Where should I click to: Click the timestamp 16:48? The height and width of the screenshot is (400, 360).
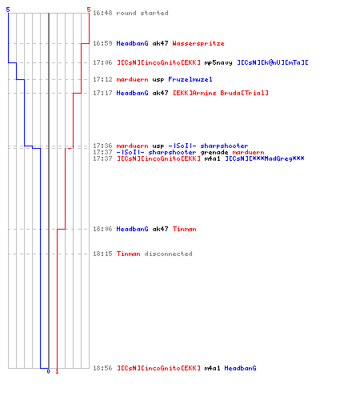[102, 13]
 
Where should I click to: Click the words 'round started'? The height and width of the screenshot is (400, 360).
[142, 13]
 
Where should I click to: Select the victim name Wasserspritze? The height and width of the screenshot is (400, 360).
[198, 43]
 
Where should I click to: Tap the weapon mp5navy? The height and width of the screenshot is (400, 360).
[218, 62]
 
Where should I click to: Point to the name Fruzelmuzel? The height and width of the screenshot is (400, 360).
[190, 79]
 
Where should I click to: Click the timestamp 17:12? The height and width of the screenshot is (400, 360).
[102, 79]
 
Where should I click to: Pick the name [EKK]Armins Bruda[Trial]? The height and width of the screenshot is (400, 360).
[221, 93]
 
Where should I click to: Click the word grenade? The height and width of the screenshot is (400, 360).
[214, 153]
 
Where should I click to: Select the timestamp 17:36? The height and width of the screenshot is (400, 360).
[102, 146]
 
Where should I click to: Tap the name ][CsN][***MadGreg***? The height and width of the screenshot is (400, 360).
[265, 158]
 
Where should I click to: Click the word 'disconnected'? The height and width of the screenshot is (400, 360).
[168, 254]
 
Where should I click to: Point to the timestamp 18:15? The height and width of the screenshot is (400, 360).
[102, 254]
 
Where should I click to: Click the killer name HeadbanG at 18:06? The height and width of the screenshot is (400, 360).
[132, 229]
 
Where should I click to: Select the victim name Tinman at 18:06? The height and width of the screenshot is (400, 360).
[184, 229]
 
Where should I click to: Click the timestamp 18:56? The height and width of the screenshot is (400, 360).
[102, 368]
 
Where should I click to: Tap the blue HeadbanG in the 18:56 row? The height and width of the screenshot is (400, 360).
[240, 368]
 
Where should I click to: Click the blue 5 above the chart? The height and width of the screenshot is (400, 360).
[8, 10]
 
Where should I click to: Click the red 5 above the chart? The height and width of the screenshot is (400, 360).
[89, 10]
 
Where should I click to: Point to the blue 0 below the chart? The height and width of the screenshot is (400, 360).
[48, 371]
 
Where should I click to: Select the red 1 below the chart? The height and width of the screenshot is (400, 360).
[57, 371]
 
